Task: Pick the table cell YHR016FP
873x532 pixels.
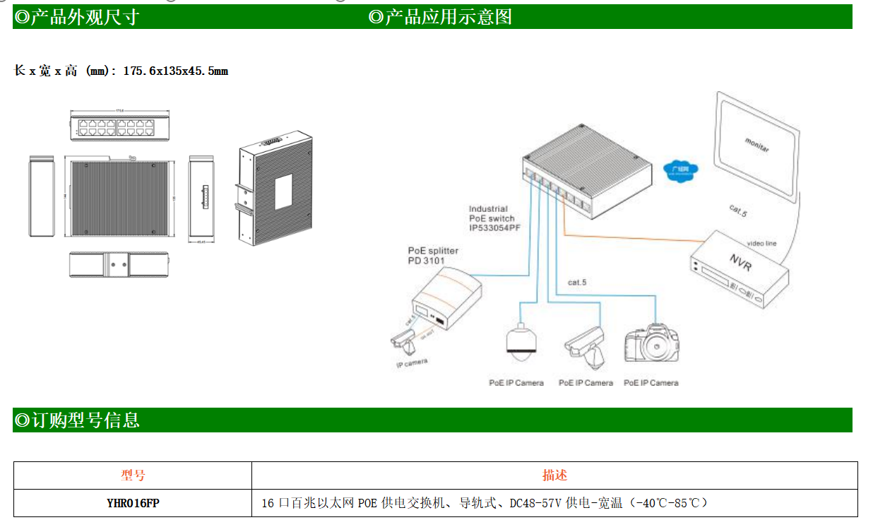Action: click(x=133, y=503)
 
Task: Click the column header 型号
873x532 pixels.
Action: click(x=133, y=475)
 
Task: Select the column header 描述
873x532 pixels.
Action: click(x=554, y=475)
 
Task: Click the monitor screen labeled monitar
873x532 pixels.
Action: click(x=756, y=146)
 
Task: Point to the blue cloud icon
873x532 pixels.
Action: click(x=681, y=171)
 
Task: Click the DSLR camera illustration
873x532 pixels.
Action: click(x=652, y=343)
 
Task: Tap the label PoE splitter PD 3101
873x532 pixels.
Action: click(x=433, y=256)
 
